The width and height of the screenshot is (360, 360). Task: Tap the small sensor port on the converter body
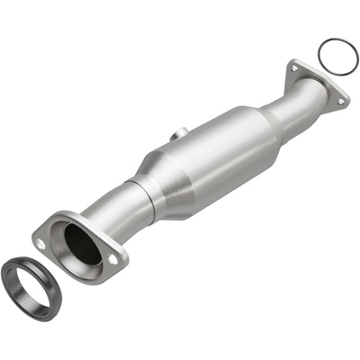click(180, 134)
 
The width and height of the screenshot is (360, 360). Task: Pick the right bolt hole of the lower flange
click(112, 258)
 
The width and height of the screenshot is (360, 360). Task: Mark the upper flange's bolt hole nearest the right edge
click(340, 101)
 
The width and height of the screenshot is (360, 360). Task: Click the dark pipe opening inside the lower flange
click(81, 245)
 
